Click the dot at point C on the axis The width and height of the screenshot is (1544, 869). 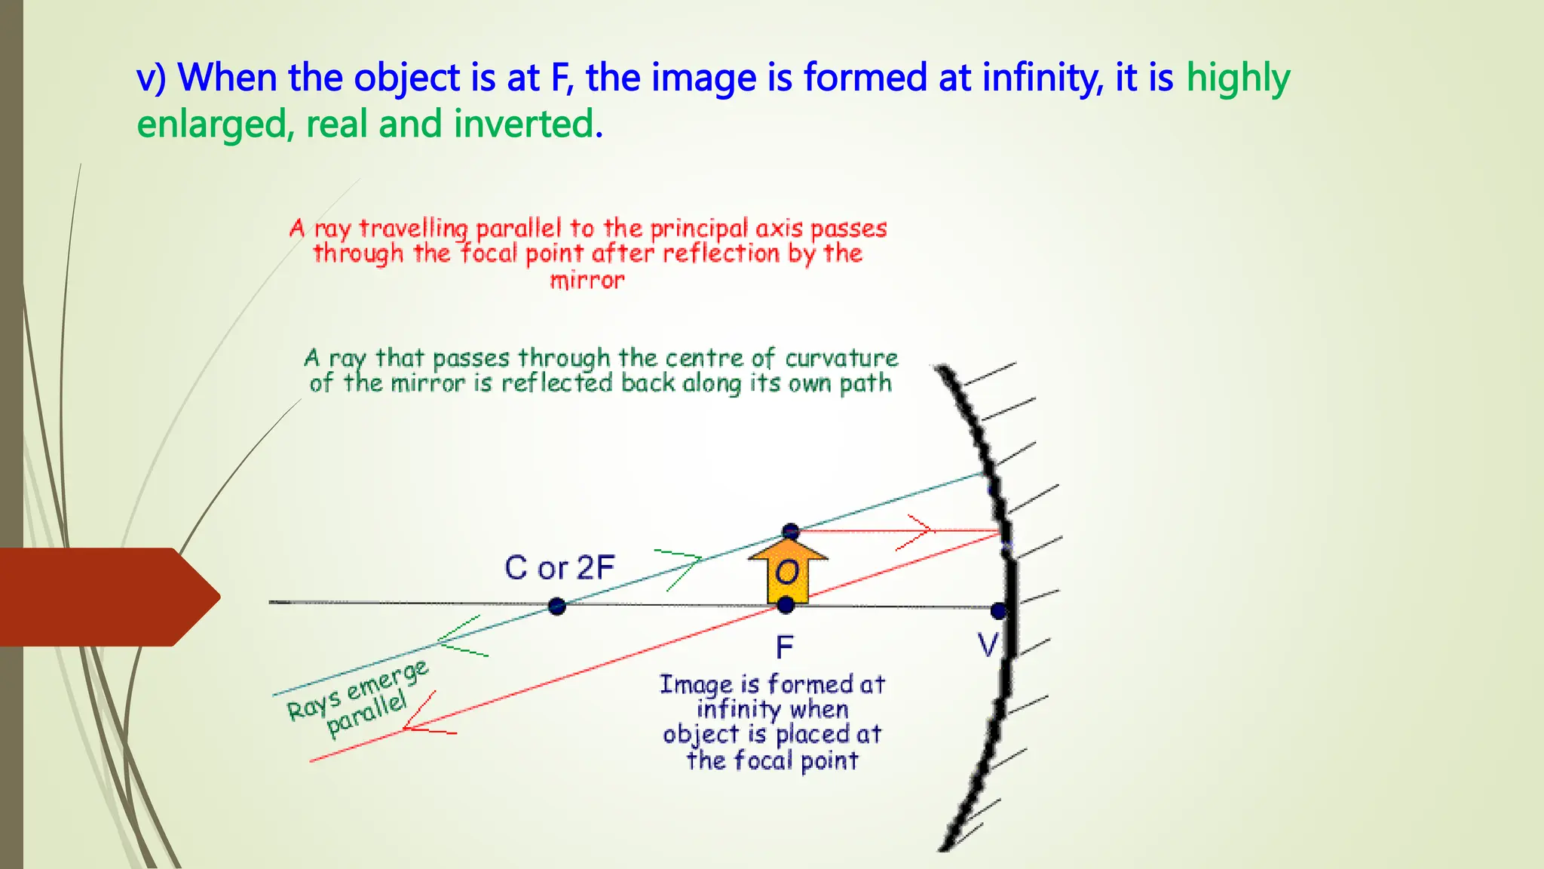557,606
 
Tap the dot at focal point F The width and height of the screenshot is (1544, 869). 786,604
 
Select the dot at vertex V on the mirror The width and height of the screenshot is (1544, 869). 999,610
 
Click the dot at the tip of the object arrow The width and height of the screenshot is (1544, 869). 790,531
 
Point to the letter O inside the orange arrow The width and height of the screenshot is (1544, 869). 787,573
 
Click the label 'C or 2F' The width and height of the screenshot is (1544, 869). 559,568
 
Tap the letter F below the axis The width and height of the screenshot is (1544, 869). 785,647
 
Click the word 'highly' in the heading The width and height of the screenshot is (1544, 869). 1238,78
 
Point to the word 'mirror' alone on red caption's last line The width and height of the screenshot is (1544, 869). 587,281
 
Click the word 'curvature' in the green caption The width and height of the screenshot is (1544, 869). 841,358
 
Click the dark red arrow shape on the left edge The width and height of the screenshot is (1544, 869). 106,597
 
